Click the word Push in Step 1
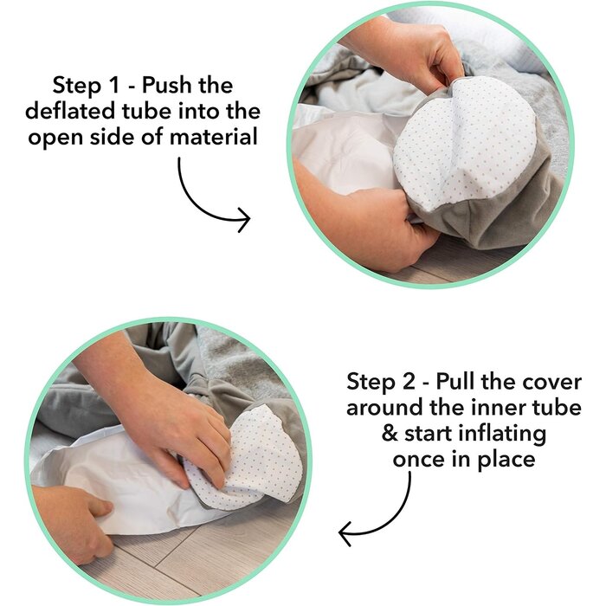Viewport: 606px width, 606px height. tap(167, 85)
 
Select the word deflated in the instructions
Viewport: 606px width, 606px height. tap(71, 111)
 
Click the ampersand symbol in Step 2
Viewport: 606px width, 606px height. tap(390, 433)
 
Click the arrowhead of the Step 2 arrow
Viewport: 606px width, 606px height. tap(345, 533)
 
